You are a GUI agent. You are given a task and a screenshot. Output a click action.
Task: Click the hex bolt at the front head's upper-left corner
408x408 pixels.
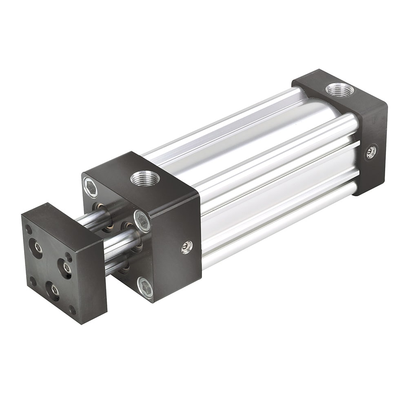click(91, 187)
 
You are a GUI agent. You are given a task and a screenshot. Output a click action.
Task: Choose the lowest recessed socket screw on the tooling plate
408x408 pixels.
click(53, 290)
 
